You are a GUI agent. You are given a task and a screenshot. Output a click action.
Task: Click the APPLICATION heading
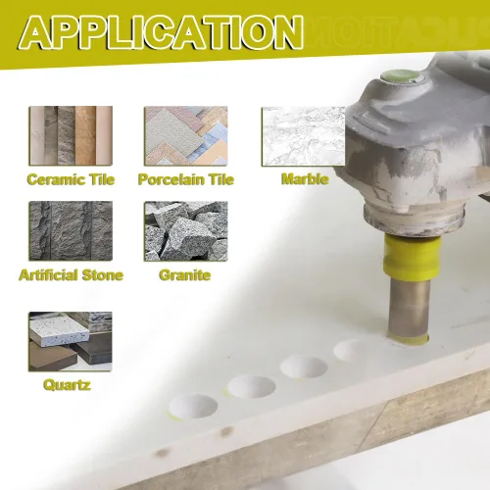tap(163, 32)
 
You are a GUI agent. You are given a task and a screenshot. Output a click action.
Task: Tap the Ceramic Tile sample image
tap(71, 135)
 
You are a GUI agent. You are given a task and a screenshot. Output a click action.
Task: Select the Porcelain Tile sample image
tap(186, 135)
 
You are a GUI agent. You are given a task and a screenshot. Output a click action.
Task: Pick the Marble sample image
tap(303, 136)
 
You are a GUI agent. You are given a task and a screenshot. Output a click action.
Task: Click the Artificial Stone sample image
tap(71, 230)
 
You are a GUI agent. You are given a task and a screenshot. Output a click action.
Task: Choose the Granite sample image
tap(186, 230)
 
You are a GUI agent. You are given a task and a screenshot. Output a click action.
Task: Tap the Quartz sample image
tap(71, 341)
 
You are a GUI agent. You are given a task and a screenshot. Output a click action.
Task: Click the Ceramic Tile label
tap(71, 179)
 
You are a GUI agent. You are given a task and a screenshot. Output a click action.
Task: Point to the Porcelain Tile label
tap(186, 179)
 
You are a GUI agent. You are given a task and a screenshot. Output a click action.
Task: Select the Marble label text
tap(305, 179)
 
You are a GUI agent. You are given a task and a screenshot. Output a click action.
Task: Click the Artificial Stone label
tap(72, 275)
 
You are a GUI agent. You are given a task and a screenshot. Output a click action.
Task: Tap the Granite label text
tap(185, 275)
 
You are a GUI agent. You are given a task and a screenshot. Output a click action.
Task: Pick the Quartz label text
tap(67, 385)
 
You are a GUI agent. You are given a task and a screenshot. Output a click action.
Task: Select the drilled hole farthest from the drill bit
tap(193, 406)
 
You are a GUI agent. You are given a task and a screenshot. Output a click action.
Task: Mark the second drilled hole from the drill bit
tap(304, 367)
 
